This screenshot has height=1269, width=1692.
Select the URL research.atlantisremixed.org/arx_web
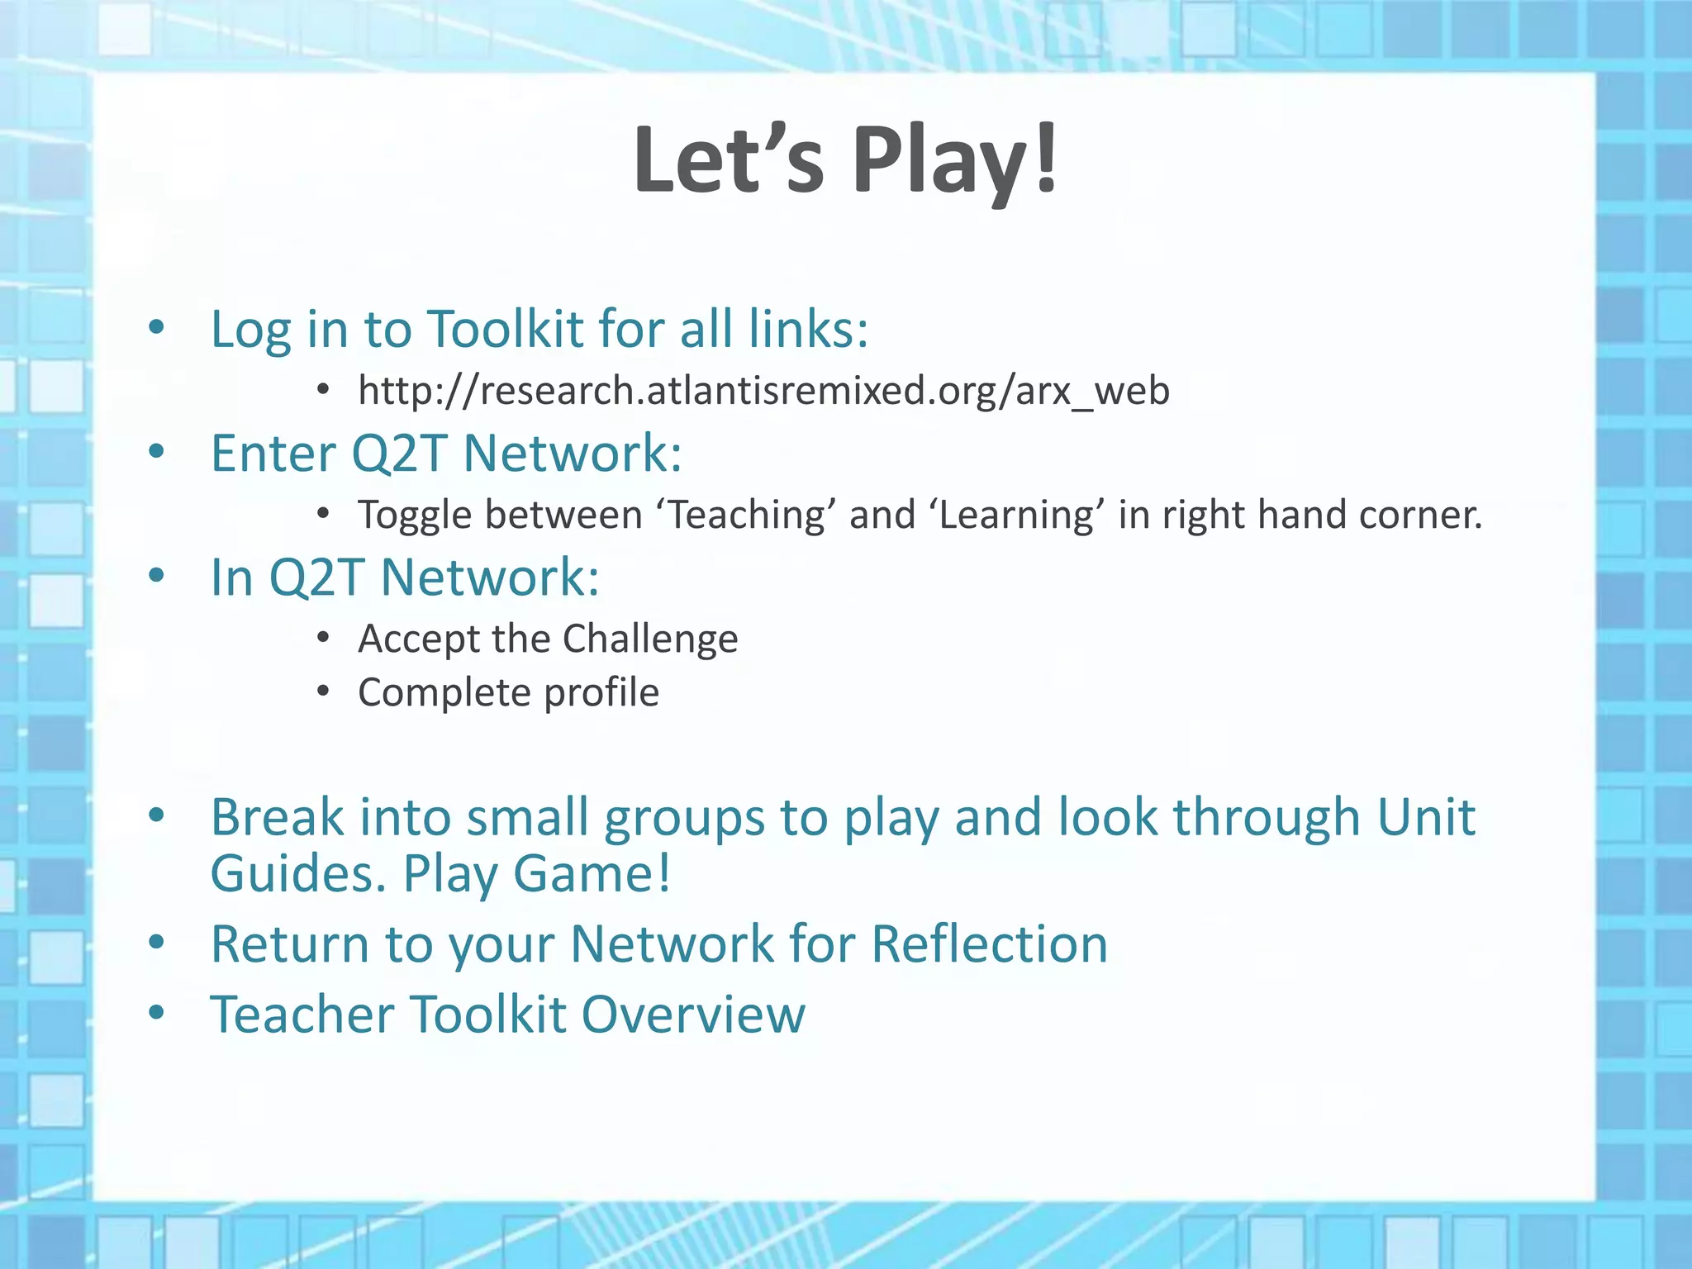763,390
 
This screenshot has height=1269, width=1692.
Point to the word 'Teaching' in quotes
746,515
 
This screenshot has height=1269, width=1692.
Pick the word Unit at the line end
1426,817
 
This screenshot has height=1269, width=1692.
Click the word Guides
297,873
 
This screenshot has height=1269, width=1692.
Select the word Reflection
989,943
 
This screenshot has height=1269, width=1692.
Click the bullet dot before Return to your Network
157,942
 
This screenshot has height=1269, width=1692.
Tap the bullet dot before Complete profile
324,692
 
